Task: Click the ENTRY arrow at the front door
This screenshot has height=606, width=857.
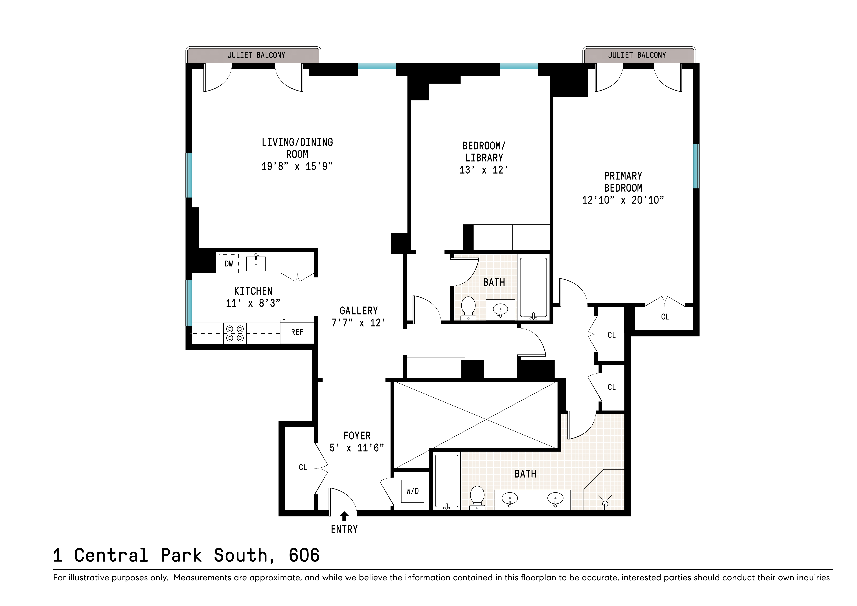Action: pos(344,516)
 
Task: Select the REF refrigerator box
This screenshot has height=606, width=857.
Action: pos(297,332)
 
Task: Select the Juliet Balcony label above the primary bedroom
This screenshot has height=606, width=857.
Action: pos(637,55)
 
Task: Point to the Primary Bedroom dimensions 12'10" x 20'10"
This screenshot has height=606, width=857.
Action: pos(623,200)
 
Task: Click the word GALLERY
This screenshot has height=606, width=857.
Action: pos(358,311)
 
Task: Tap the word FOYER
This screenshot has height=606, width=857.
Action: pos(357,436)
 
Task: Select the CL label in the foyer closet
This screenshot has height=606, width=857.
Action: pos(303,467)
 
